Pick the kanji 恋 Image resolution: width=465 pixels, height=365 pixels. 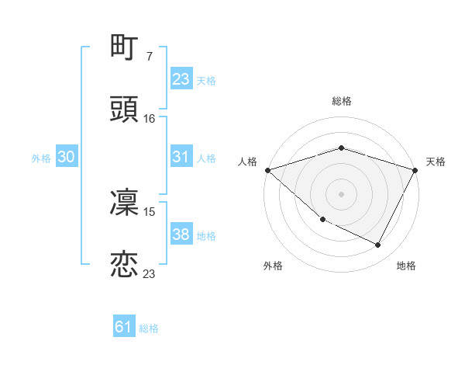125,264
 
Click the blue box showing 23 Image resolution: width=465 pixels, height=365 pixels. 181,79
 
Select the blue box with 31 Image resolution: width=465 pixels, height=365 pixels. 181,157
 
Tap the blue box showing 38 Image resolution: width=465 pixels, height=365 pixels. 181,235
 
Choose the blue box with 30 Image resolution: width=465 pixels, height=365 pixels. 67,157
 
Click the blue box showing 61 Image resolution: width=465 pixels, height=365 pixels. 124,327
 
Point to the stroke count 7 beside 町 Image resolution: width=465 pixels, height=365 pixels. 149,57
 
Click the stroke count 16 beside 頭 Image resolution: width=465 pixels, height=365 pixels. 150,118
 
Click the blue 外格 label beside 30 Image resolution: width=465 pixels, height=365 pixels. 41,158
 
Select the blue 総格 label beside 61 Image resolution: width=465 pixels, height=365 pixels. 149,328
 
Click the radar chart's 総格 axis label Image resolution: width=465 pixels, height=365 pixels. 341,102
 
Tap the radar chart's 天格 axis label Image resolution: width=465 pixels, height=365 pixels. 436,162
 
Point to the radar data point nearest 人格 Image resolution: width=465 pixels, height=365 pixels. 267,170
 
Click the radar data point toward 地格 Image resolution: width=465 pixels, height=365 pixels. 378,245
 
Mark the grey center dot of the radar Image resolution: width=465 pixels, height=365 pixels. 341,193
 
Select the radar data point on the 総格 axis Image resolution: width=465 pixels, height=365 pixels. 341,148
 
